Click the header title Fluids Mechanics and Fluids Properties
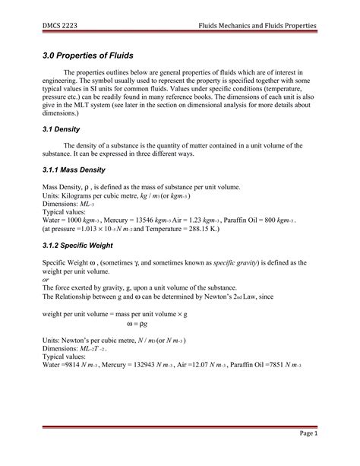point(252,26)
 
